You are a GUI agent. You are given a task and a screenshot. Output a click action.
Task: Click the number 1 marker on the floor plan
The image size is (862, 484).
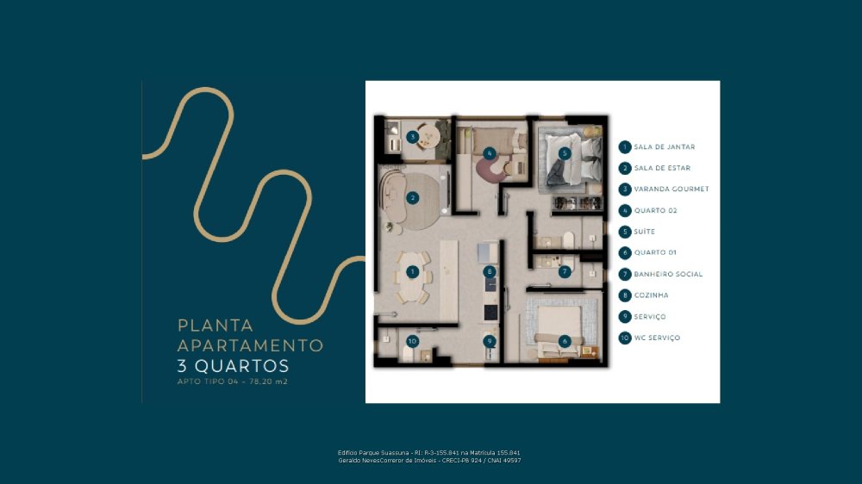[412, 272]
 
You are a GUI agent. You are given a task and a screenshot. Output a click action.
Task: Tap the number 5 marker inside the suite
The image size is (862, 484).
[564, 153]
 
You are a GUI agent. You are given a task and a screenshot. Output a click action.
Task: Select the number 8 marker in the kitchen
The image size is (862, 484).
[490, 272]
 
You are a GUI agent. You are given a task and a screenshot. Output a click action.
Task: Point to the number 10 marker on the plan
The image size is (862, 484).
[412, 341]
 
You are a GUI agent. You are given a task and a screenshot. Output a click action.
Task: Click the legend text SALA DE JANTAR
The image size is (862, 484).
[664, 147]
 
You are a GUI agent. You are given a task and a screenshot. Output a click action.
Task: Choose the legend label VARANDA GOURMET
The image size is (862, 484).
[671, 189]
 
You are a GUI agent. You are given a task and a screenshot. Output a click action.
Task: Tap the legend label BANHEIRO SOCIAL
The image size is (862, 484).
[668, 274]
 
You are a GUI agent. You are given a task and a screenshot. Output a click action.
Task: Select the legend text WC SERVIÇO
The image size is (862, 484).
[657, 338]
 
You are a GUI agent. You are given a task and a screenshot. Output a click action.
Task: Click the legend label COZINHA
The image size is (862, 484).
[651, 295]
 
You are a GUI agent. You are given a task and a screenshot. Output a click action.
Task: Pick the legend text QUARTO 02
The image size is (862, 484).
[655, 210]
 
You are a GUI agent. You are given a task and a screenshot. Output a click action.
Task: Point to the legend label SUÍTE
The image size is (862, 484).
[644, 232]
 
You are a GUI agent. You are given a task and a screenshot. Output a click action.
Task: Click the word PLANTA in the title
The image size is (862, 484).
[215, 326]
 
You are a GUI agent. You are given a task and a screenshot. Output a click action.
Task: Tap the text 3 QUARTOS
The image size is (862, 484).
[233, 366]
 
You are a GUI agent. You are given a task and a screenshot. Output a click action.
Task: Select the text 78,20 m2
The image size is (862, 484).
[268, 382]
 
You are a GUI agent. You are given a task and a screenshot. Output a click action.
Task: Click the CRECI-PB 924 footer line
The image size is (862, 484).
[429, 461]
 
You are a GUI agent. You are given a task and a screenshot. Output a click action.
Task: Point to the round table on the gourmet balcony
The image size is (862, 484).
[428, 137]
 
